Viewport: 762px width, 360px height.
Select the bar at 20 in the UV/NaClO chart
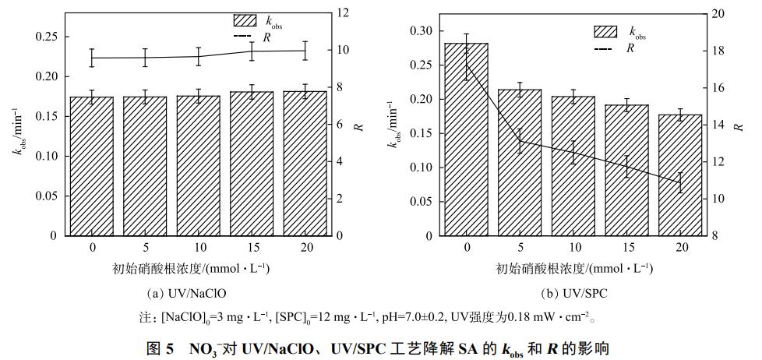[x=305, y=163]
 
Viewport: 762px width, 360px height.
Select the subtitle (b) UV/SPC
[x=573, y=294]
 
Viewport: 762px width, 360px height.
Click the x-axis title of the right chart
[x=573, y=269]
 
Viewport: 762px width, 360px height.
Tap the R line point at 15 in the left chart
[x=251, y=51]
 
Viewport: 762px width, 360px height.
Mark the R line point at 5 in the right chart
[x=520, y=141]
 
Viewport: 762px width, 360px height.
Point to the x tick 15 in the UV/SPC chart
[x=627, y=247]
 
